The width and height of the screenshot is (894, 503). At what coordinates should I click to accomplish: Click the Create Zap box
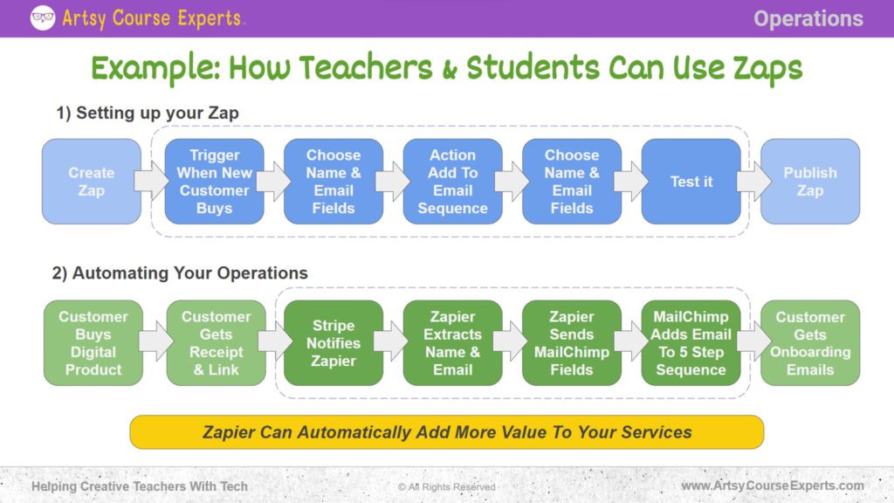tap(92, 182)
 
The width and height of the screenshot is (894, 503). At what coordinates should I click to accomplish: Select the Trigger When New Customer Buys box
tap(214, 182)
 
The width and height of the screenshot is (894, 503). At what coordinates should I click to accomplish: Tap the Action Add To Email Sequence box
tap(452, 182)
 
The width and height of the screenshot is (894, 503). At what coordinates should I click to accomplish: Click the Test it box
tap(691, 182)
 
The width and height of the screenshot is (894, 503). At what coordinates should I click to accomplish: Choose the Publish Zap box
tap(809, 182)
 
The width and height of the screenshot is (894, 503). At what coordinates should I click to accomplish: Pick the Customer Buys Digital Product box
tap(93, 343)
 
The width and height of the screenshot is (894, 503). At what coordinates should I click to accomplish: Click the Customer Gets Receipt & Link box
tap(216, 343)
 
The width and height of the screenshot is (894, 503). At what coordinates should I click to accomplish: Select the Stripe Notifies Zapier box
tap(334, 343)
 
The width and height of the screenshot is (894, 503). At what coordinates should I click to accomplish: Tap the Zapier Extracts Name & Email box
tap(452, 343)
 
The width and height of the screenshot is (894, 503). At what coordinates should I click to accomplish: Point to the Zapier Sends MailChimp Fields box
tap(571, 343)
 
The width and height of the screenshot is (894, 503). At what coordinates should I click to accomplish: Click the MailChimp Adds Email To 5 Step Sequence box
tap(691, 343)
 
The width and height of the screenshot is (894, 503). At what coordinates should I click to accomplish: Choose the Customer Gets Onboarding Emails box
tap(809, 343)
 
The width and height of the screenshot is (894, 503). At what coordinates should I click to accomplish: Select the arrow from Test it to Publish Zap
tap(752, 182)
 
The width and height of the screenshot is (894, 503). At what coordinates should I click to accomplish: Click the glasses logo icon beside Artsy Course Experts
tap(43, 17)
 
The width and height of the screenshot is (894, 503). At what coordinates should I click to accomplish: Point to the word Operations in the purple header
tap(808, 18)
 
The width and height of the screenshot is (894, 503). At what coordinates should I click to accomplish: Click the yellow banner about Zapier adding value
tap(447, 432)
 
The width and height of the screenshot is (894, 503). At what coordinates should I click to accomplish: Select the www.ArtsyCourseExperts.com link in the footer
tap(772, 486)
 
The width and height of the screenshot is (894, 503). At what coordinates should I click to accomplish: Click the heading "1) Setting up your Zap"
tap(148, 113)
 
